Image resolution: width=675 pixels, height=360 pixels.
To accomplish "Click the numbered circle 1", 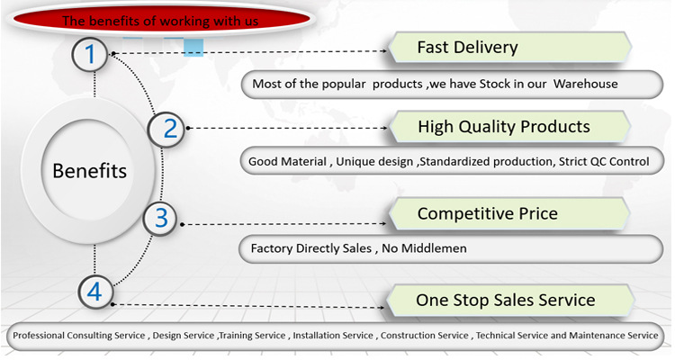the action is click(90, 55).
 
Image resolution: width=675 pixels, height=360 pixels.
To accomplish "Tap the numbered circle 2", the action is click(170, 129).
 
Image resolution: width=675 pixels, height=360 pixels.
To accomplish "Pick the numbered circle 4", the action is click(96, 291).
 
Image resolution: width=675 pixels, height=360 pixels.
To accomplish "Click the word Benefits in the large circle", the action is click(89, 171).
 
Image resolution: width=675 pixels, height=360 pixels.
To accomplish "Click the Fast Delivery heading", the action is click(467, 47).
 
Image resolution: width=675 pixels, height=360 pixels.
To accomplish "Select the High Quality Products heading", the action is click(503, 127).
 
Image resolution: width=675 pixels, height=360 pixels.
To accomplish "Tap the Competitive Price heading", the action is click(487, 213).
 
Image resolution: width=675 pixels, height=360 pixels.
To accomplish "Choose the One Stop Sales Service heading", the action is click(505, 299).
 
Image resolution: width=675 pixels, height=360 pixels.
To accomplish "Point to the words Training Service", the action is click(252, 336).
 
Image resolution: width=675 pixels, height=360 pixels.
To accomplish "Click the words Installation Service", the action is click(333, 336).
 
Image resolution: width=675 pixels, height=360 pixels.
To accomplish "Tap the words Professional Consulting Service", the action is click(78, 336).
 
